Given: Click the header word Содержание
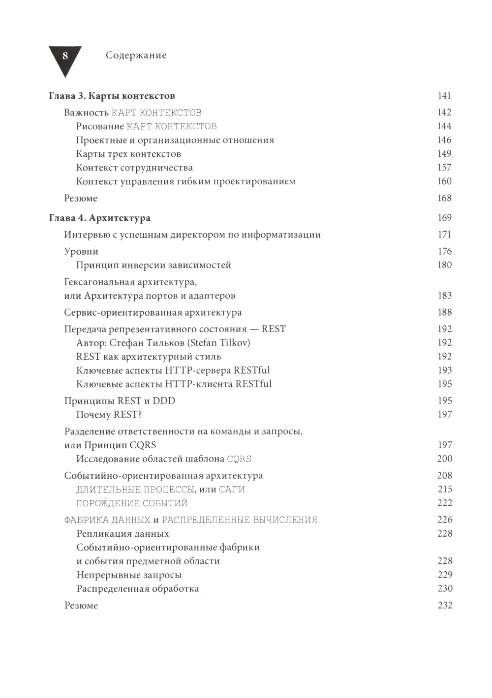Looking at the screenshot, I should [x=136, y=56].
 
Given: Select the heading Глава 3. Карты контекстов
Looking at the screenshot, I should [x=112, y=96].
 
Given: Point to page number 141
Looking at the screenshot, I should [x=444, y=96].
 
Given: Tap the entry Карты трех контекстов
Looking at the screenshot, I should [x=128, y=154].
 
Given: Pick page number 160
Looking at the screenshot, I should [x=444, y=181].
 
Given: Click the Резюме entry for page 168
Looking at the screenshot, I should [x=81, y=198].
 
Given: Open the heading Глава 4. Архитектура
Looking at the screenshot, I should [x=99, y=218].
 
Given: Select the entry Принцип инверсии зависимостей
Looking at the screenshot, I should [x=154, y=265].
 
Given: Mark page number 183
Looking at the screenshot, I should [x=444, y=295].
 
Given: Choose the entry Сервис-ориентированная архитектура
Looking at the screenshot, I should [x=153, y=312].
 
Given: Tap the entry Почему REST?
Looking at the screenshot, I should [x=109, y=414].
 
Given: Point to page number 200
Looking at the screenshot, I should [x=444, y=459].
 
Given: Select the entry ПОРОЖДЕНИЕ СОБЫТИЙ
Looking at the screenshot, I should [x=132, y=503].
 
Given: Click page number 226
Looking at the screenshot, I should [x=444, y=520].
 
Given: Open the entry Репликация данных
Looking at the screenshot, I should [x=123, y=533].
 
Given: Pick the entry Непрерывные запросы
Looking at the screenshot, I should [x=129, y=575].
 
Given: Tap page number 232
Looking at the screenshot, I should [x=444, y=605].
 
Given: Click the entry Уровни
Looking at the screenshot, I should [x=81, y=251].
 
